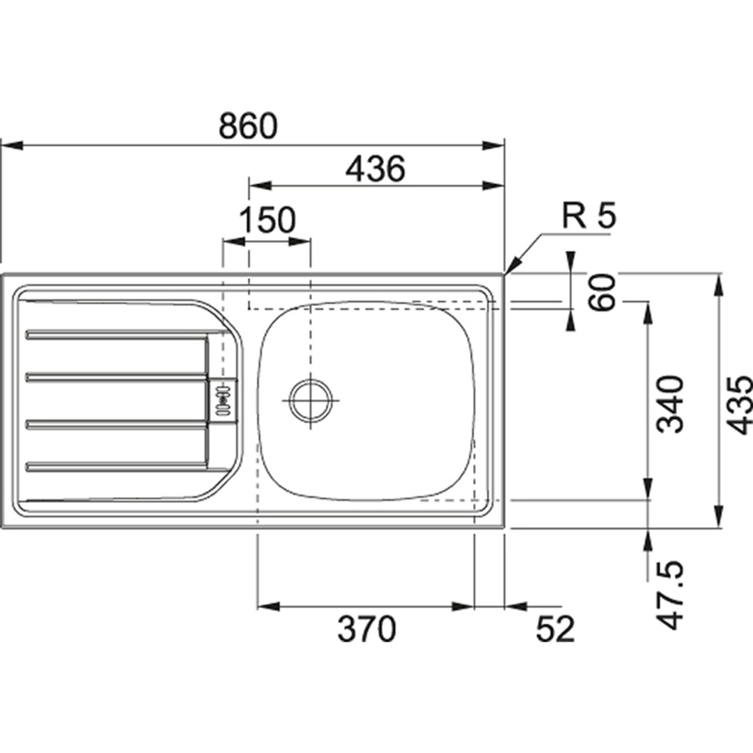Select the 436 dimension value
pyautogui.click(x=375, y=169)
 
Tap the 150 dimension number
pyautogui.click(x=267, y=220)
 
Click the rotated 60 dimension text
pyautogui.click(x=602, y=292)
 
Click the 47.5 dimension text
pyautogui.click(x=671, y=595)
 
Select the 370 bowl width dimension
pyautogui.click(x=366, y=629)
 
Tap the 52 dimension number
pyautogui.click(x=555, y=629)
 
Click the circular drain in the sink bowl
pyautogui.click(x=311, y=400)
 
